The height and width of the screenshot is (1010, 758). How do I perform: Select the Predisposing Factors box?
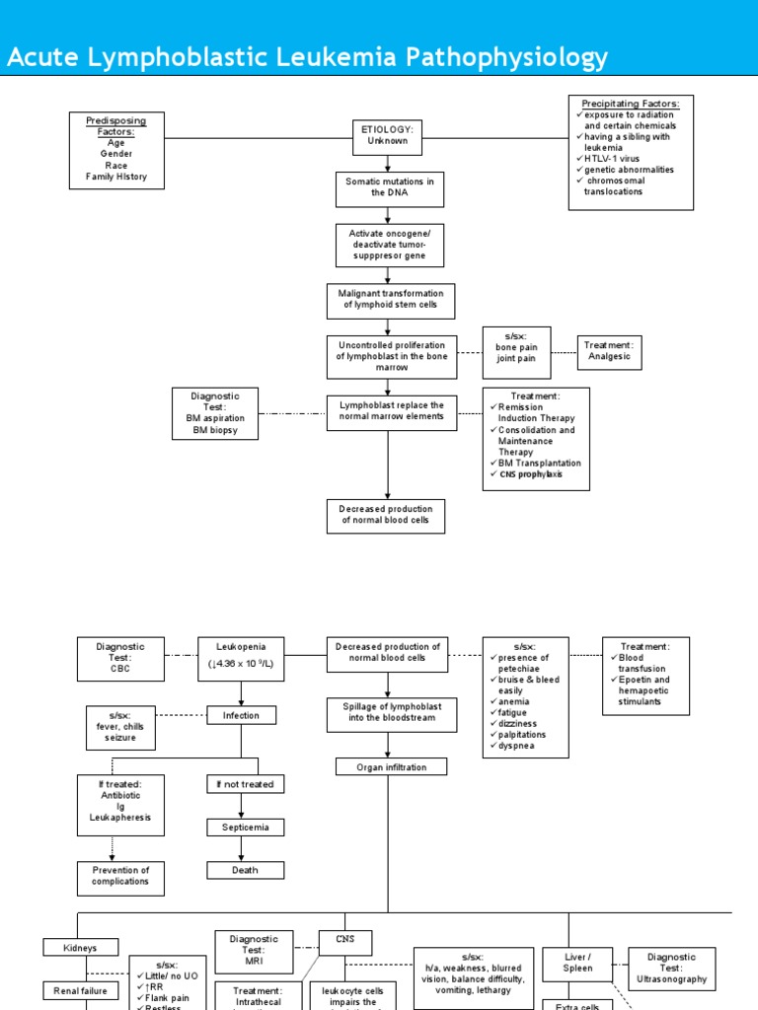[x=116, y=151]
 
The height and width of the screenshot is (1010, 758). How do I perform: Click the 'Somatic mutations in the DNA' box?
[x=389, y=188]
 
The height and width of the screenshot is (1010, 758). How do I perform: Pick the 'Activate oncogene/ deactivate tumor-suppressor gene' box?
[x=389, y=245]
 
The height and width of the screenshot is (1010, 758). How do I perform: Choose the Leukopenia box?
[x=242, y=659]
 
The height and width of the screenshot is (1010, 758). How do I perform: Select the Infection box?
[x=241, y=715]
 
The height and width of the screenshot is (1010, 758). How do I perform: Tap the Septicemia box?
[x=245, y=828]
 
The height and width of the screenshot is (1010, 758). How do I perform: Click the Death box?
[x=245, y=870]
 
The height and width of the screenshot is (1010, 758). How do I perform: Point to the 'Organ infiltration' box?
[x=391, y=766]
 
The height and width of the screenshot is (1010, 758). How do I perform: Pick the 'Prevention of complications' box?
[x=120, y=877]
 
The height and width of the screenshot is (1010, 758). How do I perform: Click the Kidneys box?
[x=80, y=948]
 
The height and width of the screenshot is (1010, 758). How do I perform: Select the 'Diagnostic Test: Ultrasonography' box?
[x=671, y=968]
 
